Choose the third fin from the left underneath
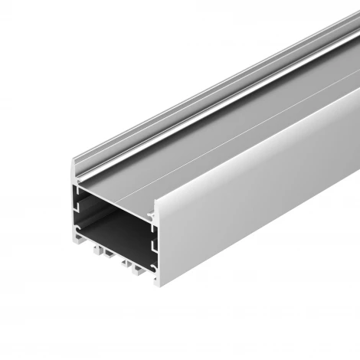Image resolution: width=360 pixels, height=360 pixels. click(x=124, y=262)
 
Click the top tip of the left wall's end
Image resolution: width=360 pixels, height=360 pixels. click(x=74, y=162)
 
